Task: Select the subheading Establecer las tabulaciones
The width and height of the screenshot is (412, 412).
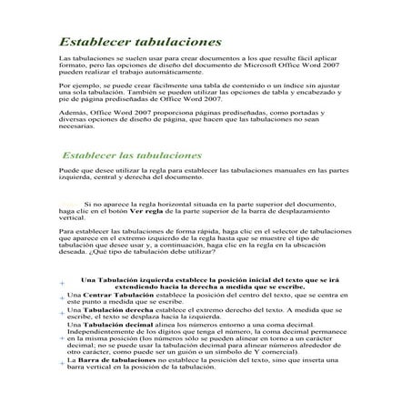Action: (x=132, y=156)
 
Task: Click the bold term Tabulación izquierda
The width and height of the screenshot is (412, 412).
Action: (x=142, y=278)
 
